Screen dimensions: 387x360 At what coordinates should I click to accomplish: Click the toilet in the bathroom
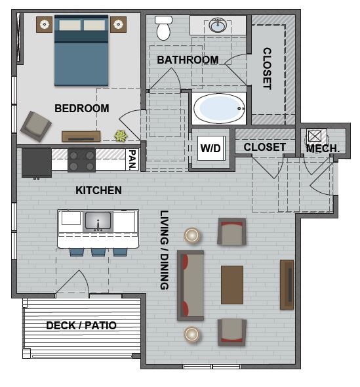163,28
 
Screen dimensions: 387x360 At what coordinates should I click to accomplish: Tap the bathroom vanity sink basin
218,26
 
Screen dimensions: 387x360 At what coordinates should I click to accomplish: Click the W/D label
210,148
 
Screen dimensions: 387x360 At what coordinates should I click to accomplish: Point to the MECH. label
323,149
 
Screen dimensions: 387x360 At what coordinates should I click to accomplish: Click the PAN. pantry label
132,159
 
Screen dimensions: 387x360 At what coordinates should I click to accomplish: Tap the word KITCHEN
98,190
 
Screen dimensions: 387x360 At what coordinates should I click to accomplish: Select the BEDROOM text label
81,108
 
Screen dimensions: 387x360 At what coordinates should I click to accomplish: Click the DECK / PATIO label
81,325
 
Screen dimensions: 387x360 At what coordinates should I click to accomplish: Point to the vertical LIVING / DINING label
164,250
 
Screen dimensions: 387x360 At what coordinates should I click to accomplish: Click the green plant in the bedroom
121,136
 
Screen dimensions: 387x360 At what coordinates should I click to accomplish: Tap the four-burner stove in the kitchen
82,159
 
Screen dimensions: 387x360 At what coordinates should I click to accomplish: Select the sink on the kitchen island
98,221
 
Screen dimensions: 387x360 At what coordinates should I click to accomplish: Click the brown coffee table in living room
232,285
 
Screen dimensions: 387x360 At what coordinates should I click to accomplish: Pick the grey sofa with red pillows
190,285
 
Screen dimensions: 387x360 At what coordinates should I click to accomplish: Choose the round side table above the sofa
192,235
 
